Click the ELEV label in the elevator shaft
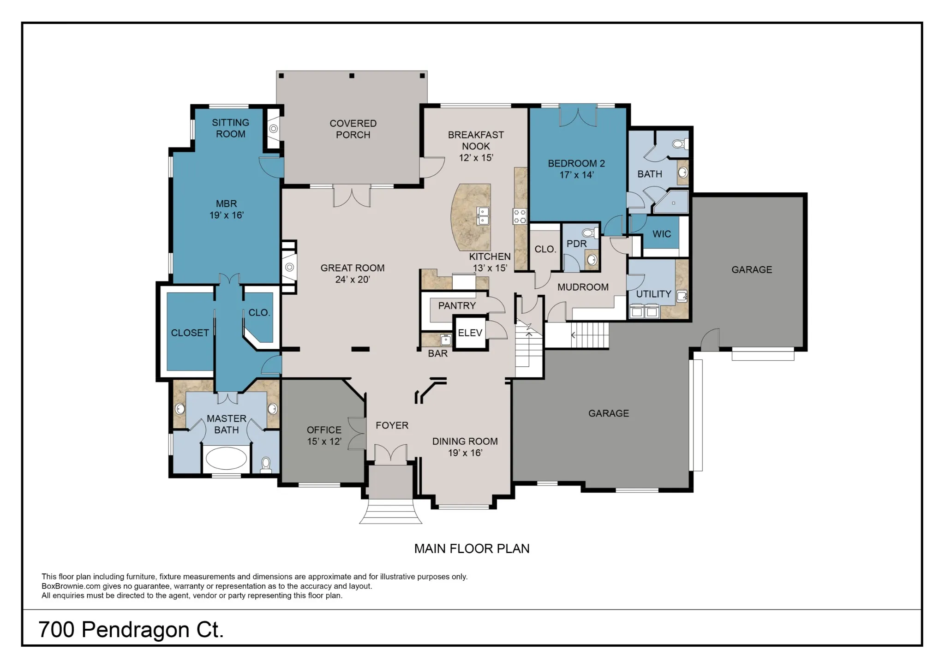pos(470,333)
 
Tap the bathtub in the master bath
pos(226,459)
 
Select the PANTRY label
pos(457,305)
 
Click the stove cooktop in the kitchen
pos(520,216)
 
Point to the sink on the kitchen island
pos(483,216)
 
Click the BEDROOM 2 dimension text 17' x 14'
pos(576,175)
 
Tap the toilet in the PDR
pos(589,233)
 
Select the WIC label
pos(662,234)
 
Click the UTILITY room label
pos(653,294)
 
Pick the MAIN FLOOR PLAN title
pos(472,549)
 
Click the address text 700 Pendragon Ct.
pos(131,630)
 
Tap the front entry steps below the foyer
pos(390,511)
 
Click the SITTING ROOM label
pos(230,128)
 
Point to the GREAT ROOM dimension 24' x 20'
pos(353,280)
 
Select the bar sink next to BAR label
pos(445,340)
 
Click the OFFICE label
pos(324,430)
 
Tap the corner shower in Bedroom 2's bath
pos(671,203)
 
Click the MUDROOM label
pos(583,287)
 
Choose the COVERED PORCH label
pos(353,129)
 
